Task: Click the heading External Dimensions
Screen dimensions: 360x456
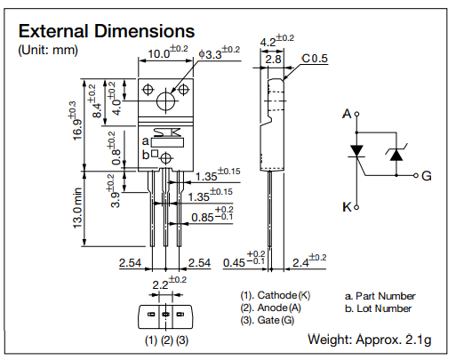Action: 107,33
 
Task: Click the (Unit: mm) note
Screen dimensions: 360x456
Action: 48,51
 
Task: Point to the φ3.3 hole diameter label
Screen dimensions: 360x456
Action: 216,54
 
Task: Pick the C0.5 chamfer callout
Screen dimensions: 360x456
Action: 314,59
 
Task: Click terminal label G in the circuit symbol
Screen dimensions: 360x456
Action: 427,176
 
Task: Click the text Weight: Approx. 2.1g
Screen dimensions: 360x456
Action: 371,340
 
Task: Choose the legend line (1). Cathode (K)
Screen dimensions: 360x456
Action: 275,295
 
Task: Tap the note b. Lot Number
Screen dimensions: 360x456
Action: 377,308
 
